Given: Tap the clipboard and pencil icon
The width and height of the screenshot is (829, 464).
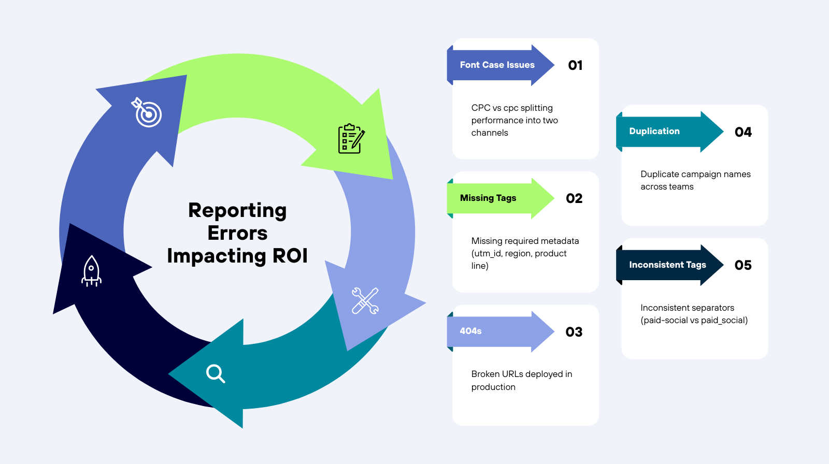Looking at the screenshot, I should pyautogui.click(x=351, y=138).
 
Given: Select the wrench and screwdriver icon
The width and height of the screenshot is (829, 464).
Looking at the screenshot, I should pyautogui.click(x=365, y=301).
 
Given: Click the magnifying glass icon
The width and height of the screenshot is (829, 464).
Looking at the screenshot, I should pyautogui.click(x=215, y=373).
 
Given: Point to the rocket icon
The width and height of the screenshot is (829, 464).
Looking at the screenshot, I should pyautogui.click(x=91, y=271).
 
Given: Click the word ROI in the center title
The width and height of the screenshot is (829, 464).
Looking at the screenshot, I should pyautogui.click(x=290, y=256).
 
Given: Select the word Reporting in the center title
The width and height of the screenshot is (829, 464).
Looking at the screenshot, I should pyautogui.click(x=237, y=210).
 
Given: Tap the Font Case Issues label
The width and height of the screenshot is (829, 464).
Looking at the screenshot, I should pyautogui.click(x=497, y=65).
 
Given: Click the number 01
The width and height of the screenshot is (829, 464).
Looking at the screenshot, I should pyautogui.click(x=575, y=65).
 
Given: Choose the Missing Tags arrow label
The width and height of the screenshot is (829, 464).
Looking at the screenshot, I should pyautogui.click(x=488, y=198).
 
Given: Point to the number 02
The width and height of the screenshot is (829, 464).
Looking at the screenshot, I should pyautogui.click(x=574, y=198).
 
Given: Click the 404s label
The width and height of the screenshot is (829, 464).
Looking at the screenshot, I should pyautogui.click(x=470, y=331).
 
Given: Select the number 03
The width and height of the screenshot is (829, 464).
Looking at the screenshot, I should pyautogui.click(x=574, y=332).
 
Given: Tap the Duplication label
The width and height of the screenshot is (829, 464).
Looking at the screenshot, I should pyautogui.click(x=654, y=131).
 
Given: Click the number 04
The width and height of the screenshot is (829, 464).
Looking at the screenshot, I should pyautogui.click(x=743, y=132).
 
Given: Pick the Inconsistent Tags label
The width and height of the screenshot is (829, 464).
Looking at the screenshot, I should pyautogui.click(x=667, y=265).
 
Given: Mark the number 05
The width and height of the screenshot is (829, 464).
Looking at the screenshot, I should pyautogui.click(x=743, y=265).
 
